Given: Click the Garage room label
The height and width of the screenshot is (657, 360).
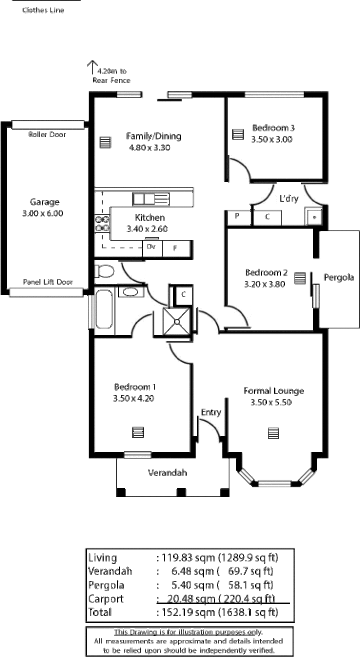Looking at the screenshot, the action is click(45, 202).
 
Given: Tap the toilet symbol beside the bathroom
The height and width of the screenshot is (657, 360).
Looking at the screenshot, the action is click(104, 271).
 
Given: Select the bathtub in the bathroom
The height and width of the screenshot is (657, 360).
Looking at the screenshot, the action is click(104, 309).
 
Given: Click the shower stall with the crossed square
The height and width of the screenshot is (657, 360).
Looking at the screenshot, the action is click(177, 321).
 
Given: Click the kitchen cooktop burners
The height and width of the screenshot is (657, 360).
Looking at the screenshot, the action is click(102, 223).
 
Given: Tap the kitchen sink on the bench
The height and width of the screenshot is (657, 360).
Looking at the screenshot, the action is click(151, 199).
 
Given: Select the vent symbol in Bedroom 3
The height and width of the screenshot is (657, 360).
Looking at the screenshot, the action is click(238, 134).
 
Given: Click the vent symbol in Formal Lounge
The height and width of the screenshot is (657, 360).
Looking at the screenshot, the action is click(273, 433).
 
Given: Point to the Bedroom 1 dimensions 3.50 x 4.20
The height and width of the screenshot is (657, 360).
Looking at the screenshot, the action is click(134, 398).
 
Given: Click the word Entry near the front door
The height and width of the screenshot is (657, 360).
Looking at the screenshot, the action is click(211, 412).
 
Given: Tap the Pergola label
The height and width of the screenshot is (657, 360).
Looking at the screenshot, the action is click(339, 278).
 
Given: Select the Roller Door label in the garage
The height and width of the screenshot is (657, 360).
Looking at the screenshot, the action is click(47, 135).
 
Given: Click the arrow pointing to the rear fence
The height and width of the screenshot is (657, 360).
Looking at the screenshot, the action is click(92, 67).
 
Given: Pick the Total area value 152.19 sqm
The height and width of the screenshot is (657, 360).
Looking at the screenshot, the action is click(189, 612).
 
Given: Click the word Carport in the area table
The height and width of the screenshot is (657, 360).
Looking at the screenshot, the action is click(106, 599).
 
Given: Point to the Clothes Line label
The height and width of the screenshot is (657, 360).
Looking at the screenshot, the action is click(43, 10).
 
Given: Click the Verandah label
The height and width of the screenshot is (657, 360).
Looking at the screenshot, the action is click(167, 472).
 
